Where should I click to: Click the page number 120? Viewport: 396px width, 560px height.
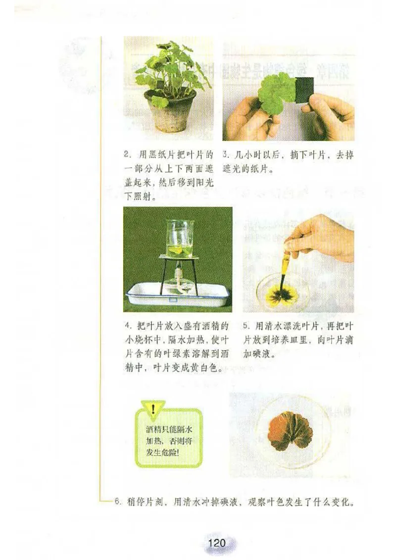pyautogui.click(x=217, y=543)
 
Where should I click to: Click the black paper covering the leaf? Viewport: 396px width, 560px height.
pyautogui.click(x=303, y=90)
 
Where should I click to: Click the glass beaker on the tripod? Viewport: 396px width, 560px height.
pyautogui.click(x=179, y=239)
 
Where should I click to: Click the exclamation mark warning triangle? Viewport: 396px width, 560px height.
pyautogui.click(x=153, y=409)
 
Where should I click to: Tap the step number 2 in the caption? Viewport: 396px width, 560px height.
pyautogui.click(x=126, y=155)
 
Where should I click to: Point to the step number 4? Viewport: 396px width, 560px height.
pyautogui.click(x=127, y=327)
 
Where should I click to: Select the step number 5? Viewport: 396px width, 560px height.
pyautogui.click(x=246, y=327)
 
